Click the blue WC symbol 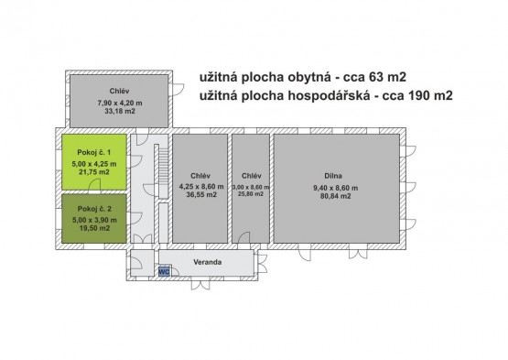(164, 271)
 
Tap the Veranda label (208, 262)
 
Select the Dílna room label (333, 176)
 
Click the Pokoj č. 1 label (94, 152)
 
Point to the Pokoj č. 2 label (94, 209)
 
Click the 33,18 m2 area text (119, 111)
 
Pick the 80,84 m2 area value (335, 196)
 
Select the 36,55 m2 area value (201, 194)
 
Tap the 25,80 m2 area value (251, 194)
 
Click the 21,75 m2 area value (94, 172)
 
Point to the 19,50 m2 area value (94, 228)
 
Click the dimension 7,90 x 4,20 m (120, 104)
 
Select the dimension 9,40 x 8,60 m (335, 188)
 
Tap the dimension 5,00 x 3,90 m (94, 220)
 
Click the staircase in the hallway (163, 171)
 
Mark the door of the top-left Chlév (178, 90)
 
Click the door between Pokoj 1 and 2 (94, 185)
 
